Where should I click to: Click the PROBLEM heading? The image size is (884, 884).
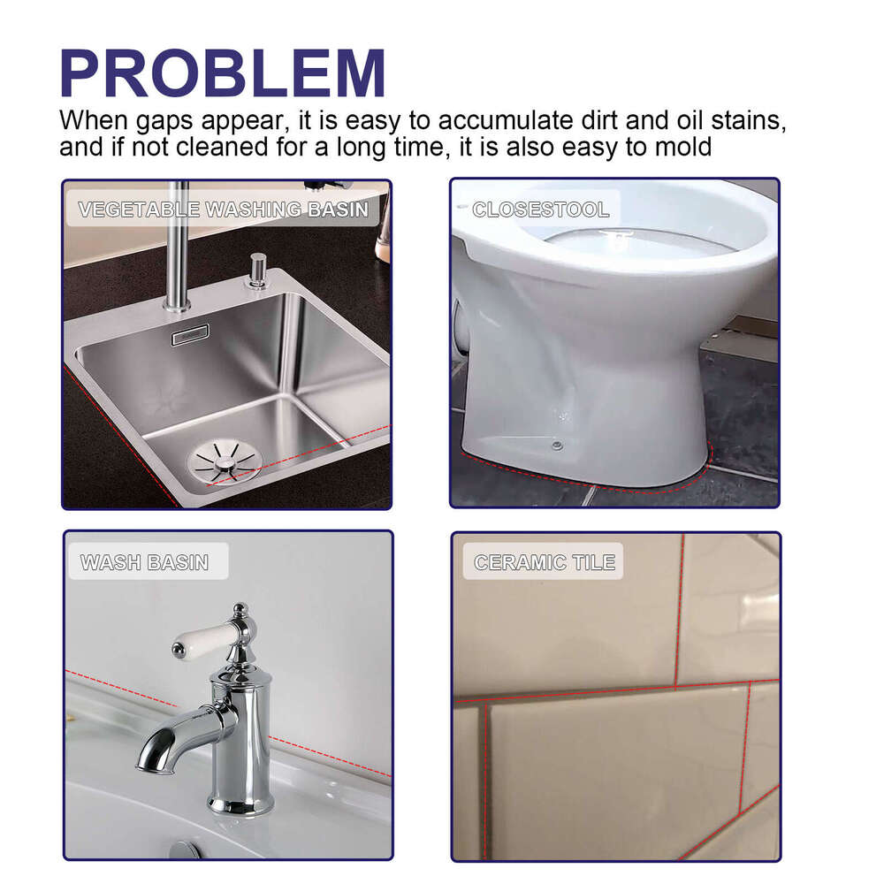click(223, 74)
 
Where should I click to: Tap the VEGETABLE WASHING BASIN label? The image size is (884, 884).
click(223, 210)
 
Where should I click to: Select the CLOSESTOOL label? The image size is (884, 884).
click(540, 210)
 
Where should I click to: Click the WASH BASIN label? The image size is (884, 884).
click(144, 562)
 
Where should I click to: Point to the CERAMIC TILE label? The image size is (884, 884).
click(545, 562)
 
